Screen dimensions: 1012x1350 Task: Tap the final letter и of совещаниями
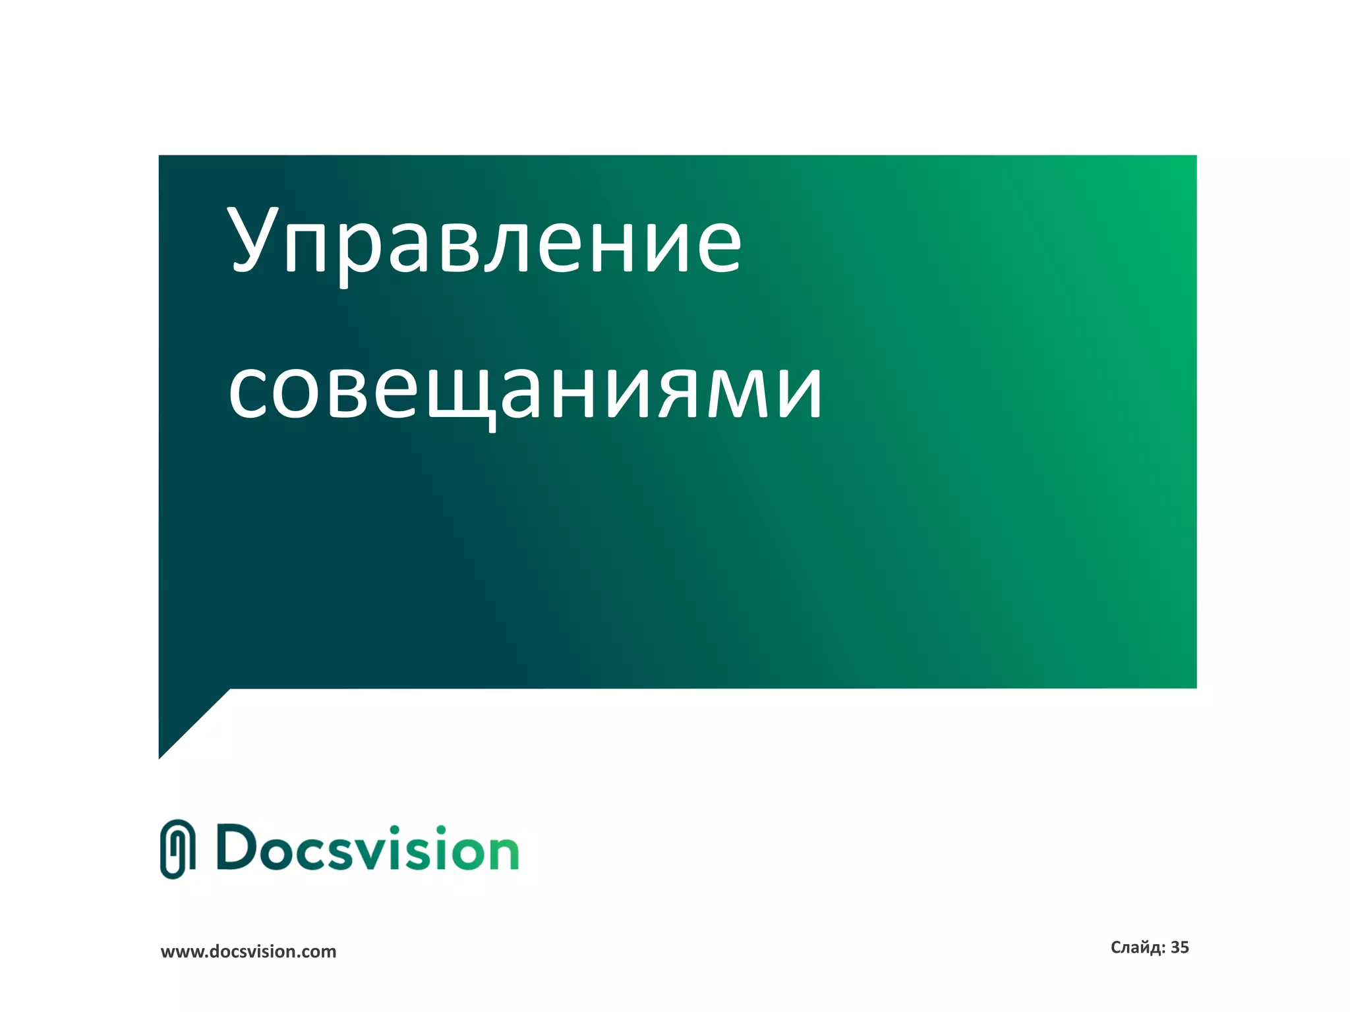click(x=800, y=392)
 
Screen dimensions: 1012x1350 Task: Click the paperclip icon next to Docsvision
click(x=177, y=849)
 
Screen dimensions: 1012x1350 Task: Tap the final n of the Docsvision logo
click(x=502, y=853)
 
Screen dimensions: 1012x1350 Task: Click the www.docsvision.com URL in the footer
click(x=249, y=952)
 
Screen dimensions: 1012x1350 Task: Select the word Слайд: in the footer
click(x=1138, y=947)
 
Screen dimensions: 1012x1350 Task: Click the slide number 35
click(x=1179, y=947)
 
